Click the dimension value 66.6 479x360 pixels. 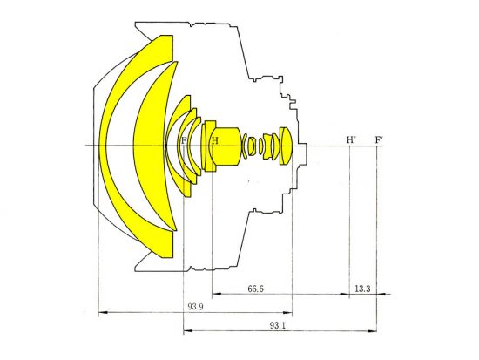tap(255, 289)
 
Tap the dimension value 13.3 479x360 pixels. tap(362, 289)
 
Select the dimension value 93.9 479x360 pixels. tap(195, 307)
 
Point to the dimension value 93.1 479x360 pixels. tap(277, 325)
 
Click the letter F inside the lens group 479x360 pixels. tap(184, 140)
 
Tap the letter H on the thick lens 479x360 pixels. tap(215, 140)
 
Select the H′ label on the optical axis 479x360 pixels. tap(351, 140)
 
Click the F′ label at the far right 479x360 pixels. tap(380, 140)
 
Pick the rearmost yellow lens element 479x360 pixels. tap(287, 146)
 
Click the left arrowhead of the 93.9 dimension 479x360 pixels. tap(103, 313)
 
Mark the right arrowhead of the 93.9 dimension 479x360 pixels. tap(287, 313)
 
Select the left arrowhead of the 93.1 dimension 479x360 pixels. tap(188, 331)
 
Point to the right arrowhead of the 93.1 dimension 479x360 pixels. tap(373, 331)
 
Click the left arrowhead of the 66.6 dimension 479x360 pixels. tap(217, 294)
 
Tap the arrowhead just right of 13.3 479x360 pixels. tap(381, 295)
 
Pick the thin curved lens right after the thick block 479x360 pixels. tap(244, 146)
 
